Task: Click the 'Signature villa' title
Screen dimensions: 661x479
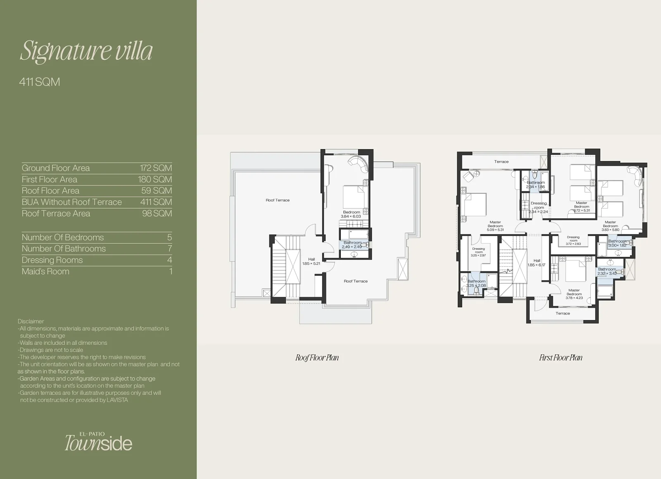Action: pos(86,51)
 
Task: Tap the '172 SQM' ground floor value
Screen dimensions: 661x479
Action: pos(156,168)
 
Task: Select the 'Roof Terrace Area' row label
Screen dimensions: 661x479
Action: pos(56,213)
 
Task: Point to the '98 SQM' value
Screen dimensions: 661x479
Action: pos(157,213)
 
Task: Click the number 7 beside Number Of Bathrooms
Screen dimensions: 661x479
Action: pos(170,249)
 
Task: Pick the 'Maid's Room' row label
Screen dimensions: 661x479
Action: pos(45,271)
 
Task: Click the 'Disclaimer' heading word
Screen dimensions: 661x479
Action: pos(31,321)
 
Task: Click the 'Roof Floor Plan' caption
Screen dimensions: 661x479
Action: pos(317,358)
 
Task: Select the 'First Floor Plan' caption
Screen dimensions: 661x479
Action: pos(561,358)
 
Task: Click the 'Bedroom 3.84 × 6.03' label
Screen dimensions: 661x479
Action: pos(351,214)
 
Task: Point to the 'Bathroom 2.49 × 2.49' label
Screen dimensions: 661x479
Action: pos(352,244)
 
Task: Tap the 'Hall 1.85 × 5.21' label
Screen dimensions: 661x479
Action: pos(311,261)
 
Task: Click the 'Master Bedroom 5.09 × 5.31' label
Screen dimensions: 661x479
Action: pos(495,226)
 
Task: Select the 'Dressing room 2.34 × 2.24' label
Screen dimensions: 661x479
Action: pos(539,207)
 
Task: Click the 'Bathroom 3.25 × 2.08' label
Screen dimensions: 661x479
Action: pos(476,283)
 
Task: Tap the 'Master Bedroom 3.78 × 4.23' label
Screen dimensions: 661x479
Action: pos(574,294)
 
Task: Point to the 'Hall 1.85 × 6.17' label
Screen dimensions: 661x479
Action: pos(537,263)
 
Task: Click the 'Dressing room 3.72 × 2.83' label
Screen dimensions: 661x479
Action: pos(573,240)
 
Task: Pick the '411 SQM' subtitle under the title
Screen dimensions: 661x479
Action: pos(40,82)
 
